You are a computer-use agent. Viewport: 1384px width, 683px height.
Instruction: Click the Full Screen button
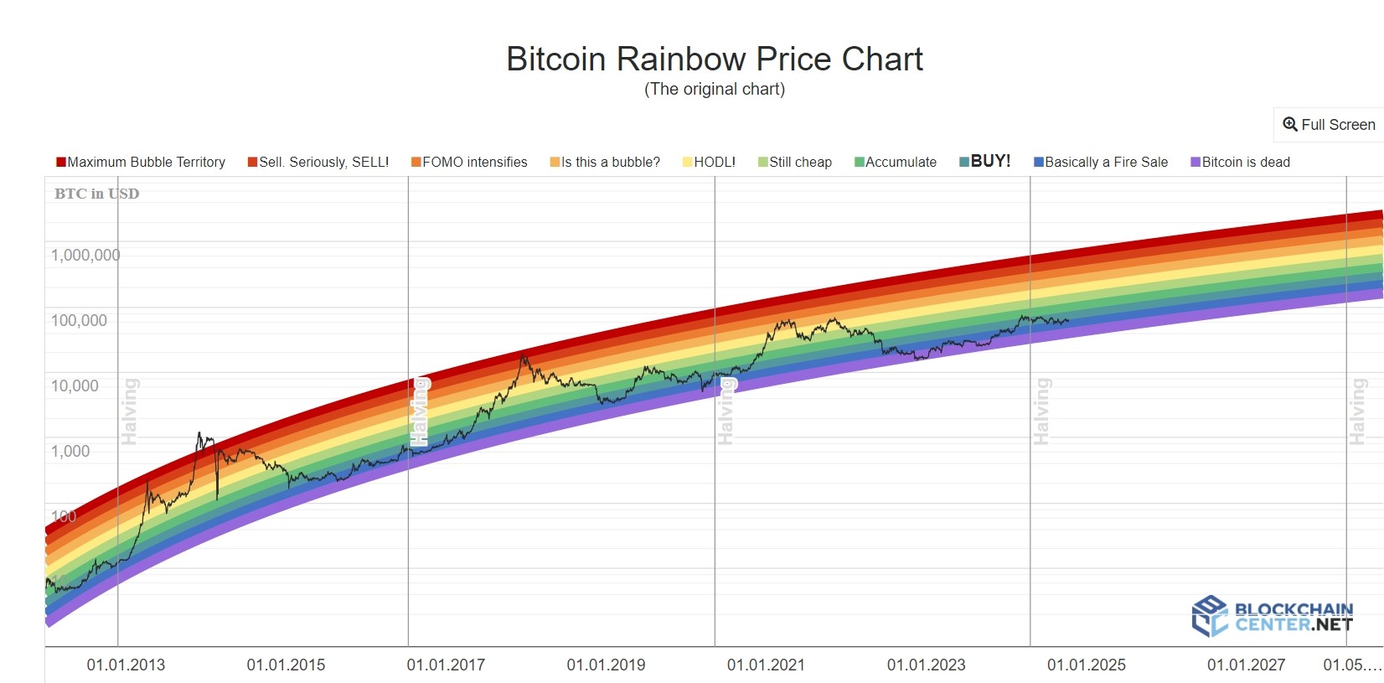click(1329, 125)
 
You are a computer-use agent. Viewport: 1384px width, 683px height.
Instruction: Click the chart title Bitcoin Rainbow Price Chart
click(714, 60)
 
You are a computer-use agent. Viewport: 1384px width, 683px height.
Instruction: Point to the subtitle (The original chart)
click(714, 89)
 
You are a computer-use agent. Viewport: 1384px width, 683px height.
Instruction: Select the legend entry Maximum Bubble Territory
click(141, 162)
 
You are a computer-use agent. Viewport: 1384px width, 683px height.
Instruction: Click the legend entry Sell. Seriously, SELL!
click(318, 162)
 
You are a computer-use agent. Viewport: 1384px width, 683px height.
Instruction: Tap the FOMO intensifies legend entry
click(469, 162)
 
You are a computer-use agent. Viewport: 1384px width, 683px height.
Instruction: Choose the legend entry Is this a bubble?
click(605, 162)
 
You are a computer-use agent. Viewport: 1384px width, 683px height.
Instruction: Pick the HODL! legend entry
click(709, 162)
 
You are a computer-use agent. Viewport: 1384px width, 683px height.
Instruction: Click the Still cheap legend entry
click(795, 162)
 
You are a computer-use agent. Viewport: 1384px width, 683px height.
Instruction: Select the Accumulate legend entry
click(896, 162)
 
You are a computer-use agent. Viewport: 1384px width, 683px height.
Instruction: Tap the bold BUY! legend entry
click(985, 161)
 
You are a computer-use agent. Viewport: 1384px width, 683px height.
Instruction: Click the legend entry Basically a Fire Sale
click(1101, 162)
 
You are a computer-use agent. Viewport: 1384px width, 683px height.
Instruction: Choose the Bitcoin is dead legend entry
click(1241, 162)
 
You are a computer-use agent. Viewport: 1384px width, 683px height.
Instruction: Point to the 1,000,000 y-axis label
click(85, 255)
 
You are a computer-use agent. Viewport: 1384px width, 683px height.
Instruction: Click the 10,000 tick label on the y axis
click(75, 385)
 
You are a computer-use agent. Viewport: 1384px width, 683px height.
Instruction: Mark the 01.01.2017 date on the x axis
click(446, 665)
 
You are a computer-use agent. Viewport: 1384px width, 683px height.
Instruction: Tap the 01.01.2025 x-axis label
click(1086, 665)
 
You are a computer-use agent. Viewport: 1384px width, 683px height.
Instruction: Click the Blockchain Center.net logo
click(1272, 617)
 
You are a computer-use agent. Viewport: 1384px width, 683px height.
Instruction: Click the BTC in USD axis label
click(96, 194)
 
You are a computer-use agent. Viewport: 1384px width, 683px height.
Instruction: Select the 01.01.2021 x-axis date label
click(766, 665)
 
